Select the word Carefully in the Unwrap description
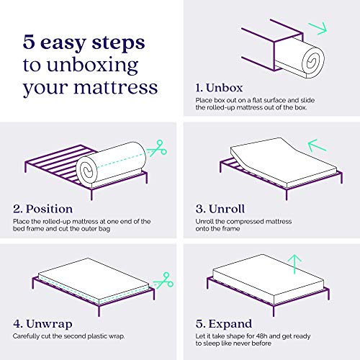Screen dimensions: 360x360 [x=27, y=336]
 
